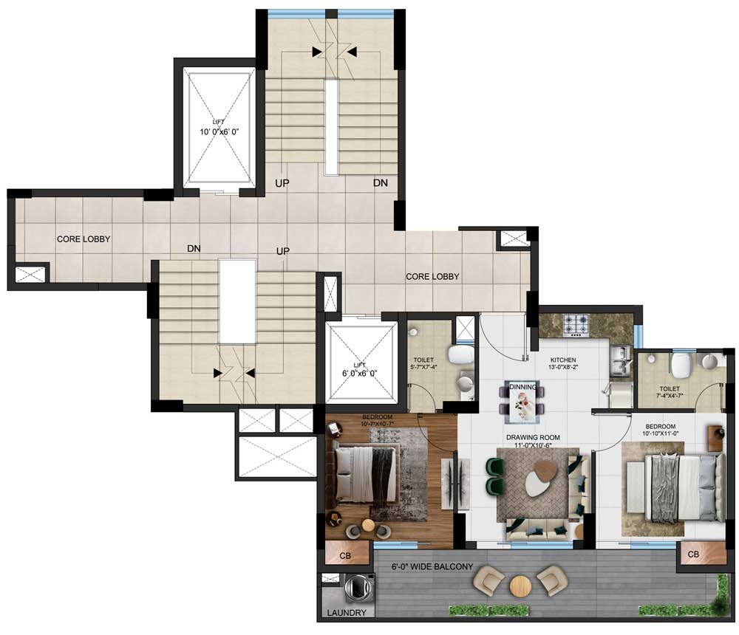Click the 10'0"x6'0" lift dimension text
tap(219, 132)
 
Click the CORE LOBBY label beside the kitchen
tap(432, 277)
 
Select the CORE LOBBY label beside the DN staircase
tap(84, 239)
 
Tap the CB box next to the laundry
tap(344, 555)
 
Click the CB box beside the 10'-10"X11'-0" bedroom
tap(693, 555)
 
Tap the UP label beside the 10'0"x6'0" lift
tap(282, 182)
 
